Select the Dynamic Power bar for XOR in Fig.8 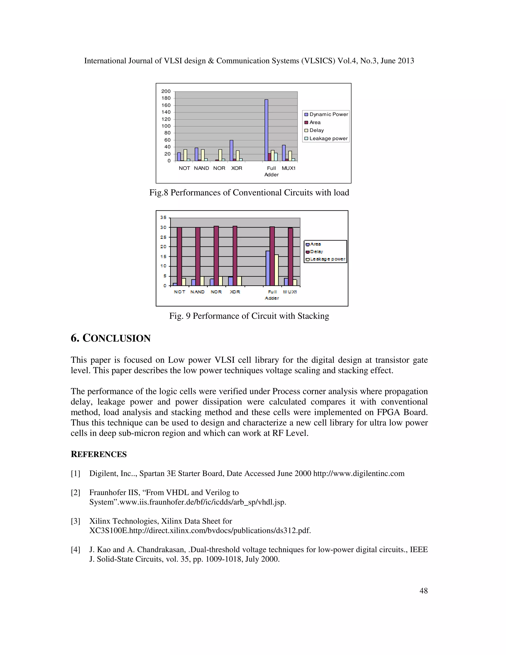coord(232,150)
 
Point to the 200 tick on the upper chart coord(166,91)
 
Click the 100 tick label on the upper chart coord(166,126)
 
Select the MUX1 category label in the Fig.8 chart coord(288,168)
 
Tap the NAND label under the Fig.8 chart coord(201,168)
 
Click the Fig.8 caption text coord(249,193)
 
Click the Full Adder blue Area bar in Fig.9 coord(268,268)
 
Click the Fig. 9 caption coord(249,316)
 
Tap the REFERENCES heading coord(99,454)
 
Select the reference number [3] coord(75,521)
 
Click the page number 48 coord(423,591)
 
